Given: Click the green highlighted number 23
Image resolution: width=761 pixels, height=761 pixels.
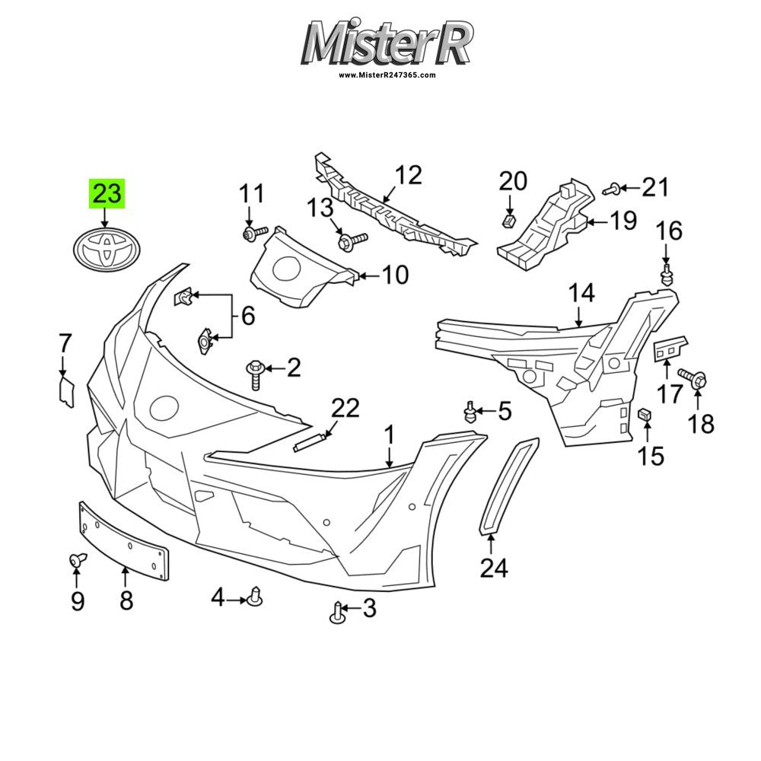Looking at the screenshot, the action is point(107,193).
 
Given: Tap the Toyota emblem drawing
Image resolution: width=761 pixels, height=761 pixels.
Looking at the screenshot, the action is point(107,250).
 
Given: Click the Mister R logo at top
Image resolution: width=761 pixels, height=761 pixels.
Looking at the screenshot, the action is point(387,42).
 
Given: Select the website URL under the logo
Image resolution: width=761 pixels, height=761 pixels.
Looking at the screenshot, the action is point(387,75).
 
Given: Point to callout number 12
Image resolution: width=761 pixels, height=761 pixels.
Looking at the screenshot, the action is point(408,176).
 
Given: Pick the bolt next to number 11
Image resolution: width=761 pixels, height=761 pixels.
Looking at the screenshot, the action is point(255,234).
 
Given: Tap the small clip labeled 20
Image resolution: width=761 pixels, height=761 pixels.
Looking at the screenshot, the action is point(508,221).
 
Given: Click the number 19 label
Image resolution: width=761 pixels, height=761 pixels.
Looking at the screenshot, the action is point(623,221).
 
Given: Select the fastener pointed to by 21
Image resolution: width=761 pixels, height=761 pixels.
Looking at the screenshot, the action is point(612,189).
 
